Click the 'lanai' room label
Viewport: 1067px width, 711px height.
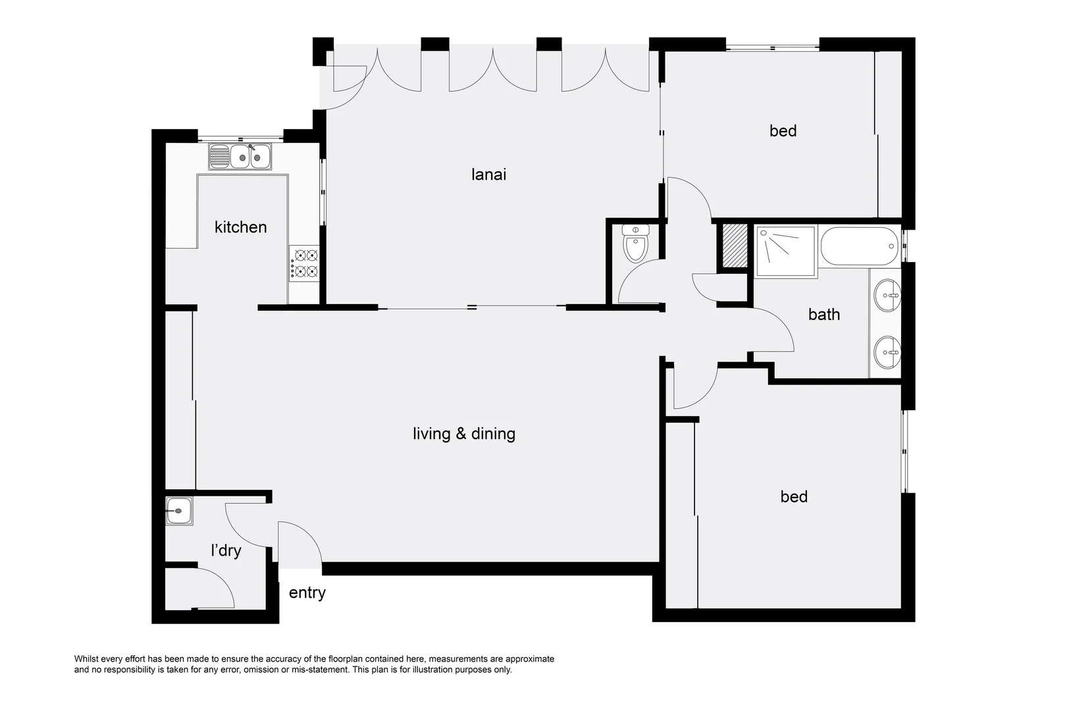488,174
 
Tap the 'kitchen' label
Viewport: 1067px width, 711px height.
240,227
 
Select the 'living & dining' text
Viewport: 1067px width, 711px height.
464,434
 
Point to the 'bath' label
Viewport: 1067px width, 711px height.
824,315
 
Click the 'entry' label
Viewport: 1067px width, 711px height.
307,592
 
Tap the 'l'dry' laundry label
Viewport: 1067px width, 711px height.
226,550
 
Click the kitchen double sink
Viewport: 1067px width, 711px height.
240,156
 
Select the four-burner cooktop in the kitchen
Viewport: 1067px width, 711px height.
304,263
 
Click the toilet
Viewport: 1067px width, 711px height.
635,244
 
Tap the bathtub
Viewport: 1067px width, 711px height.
859,246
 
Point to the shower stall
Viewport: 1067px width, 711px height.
787,251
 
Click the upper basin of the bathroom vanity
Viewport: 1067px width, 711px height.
887,296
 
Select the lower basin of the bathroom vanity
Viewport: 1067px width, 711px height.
887,353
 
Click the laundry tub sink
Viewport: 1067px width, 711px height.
179,511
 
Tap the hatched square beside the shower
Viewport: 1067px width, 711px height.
735,246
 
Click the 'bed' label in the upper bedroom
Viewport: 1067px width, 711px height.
783,130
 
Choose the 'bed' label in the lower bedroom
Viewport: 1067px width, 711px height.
794,496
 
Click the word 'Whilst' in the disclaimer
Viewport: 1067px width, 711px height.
86,659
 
